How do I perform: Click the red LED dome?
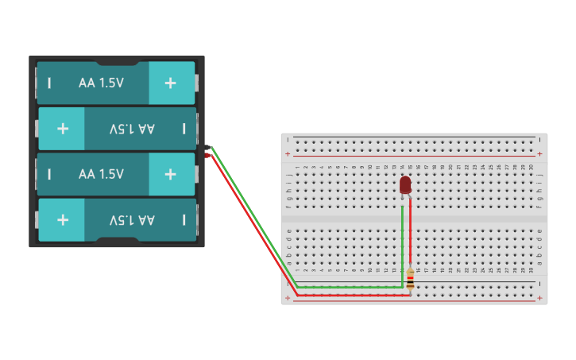pyautogui.click(x=405, y=184)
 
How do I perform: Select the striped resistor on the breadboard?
pyautogui.click(x=410, y=279)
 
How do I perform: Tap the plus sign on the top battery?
pyautogui.click(x=170, y=83)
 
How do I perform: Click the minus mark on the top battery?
pyautogui.click(x=49, y=83)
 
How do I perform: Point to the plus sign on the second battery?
pyautogui.click(x=63, y=129)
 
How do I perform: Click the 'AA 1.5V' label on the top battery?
pyautogui.click(x=101, y=83)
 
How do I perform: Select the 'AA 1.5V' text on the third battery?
pyautogui.click(x=101, y=174)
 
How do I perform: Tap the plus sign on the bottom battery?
pyautogui.click(x=63, y=220)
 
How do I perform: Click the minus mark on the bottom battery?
pyautogui.click(x=184, y=220)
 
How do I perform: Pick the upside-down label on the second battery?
pyautogui.click(x=132, y=129)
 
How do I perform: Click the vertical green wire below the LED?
pyautogui.click(x=403, y=238)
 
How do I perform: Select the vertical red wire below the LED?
pyautogui.click(x=410, y=230)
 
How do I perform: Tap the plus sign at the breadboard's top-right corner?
pyautogui.click(x=539, y=153)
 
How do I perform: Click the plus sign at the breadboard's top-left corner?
pyautogui.click(x=288, y=153)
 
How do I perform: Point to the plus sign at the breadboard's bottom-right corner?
pyautogui.click(x=539, y=299)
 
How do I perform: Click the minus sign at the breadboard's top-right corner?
pyautogui.click(x=539, y=138)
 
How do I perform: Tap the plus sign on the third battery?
pyautogui.click(x=170, y=174)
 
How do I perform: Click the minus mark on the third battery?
pyautogui.click(x=49, y=174)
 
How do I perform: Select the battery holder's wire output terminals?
pyautogui.click(x=207, y=151)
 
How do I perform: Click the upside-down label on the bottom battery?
pyautogui.click(x=132, y=220)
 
